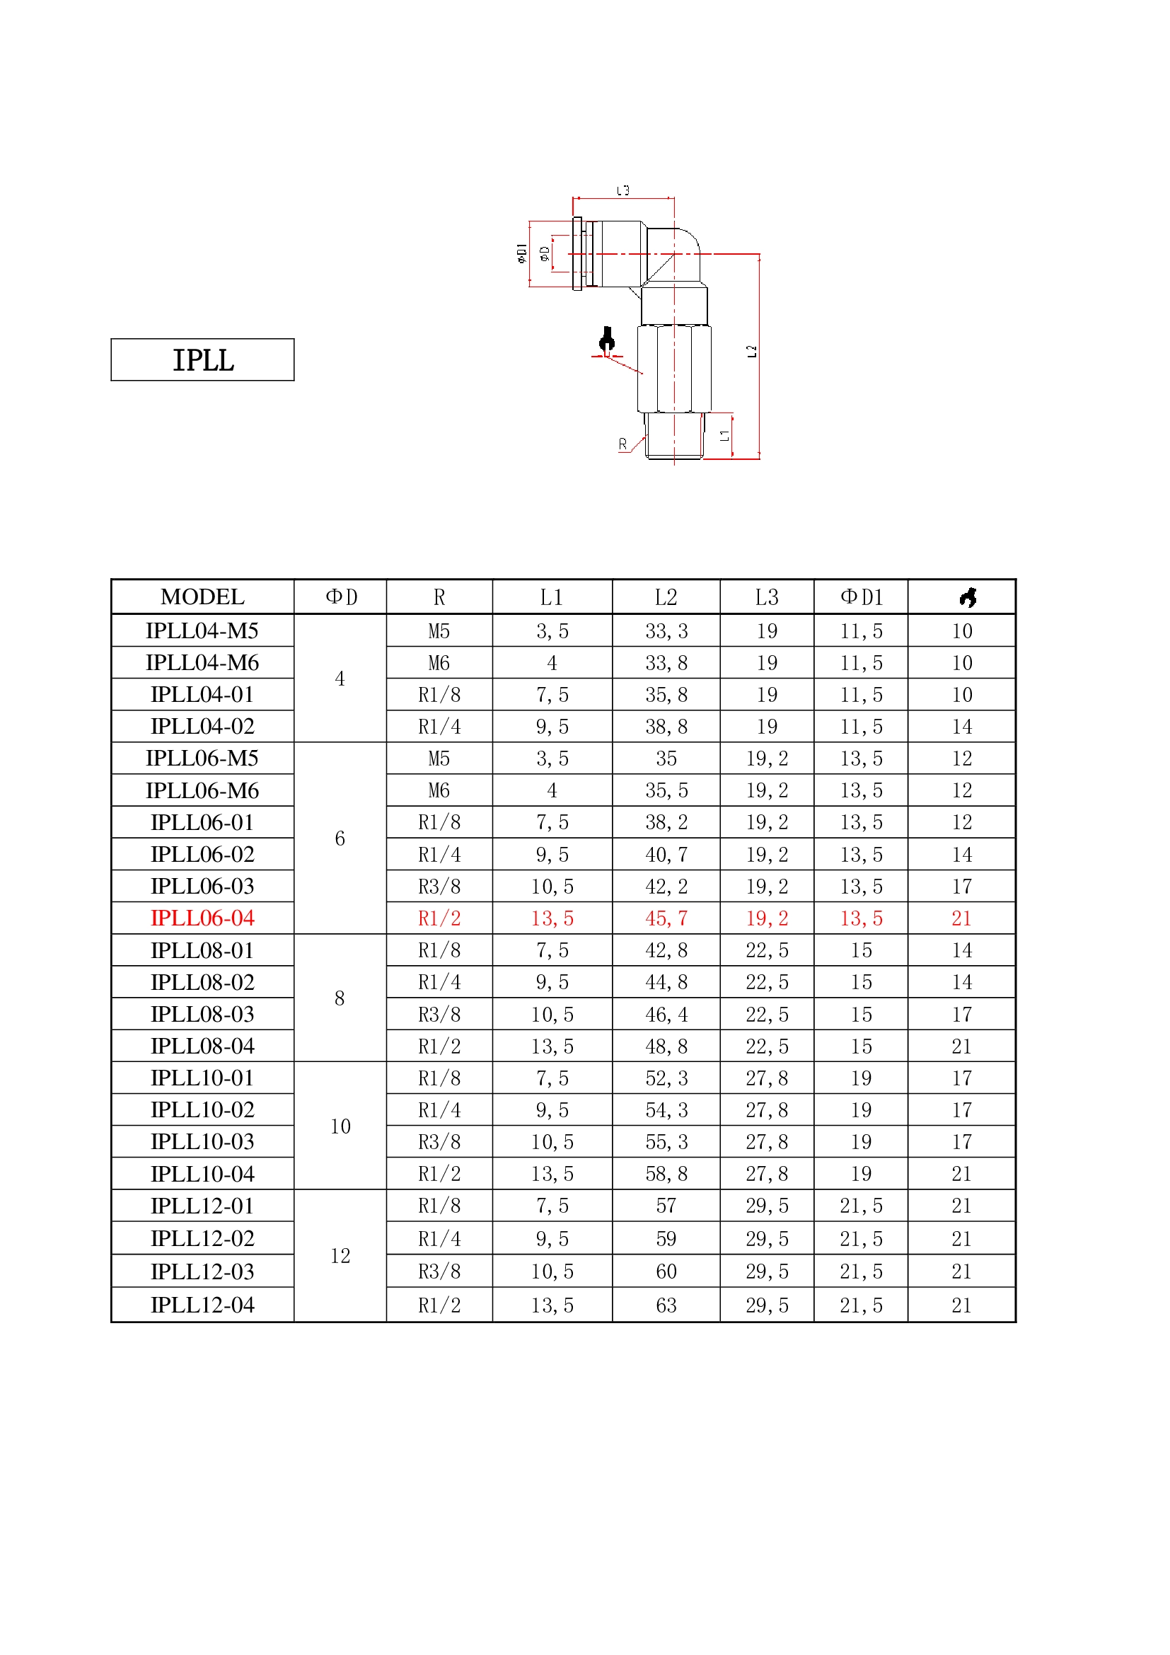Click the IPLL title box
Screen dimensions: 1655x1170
coord(202,359)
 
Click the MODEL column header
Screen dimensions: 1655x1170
coord(202,597)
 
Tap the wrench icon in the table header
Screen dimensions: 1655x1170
coord(968,597)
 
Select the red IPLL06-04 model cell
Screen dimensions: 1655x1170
coord(202,918)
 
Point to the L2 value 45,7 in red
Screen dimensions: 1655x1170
coord(666,918)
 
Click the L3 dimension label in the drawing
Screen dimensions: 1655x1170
coord(623,191)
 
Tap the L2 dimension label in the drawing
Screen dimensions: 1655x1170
coord(751,351)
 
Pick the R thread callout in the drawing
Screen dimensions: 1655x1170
coord(622,445)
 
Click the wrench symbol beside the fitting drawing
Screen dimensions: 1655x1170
coord(608,340)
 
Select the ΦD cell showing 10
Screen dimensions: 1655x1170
coord(340,1126)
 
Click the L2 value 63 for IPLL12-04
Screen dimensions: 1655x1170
coord(666,1305)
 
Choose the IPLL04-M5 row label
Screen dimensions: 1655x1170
coord(202,630)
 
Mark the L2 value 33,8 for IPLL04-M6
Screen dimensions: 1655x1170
coord(666,663)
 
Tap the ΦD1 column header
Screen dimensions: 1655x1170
coord(861,597)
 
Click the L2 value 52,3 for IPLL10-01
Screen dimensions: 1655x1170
coord(666,1078)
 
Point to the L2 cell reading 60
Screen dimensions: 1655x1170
coord(666,1271)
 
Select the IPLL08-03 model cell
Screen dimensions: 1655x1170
coord(202,1014)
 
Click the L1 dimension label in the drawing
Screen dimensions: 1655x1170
coord(725,435)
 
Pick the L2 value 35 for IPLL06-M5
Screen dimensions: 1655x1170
coord(666,759)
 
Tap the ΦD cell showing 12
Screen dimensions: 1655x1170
coord(340,1256)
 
